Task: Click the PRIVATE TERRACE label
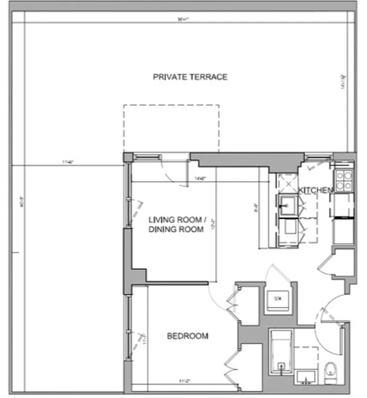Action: tap(190, 77)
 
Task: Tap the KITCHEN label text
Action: tap(315, 190)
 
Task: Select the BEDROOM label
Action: tap(187, 336)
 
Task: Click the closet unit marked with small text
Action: tap(277, 298)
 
